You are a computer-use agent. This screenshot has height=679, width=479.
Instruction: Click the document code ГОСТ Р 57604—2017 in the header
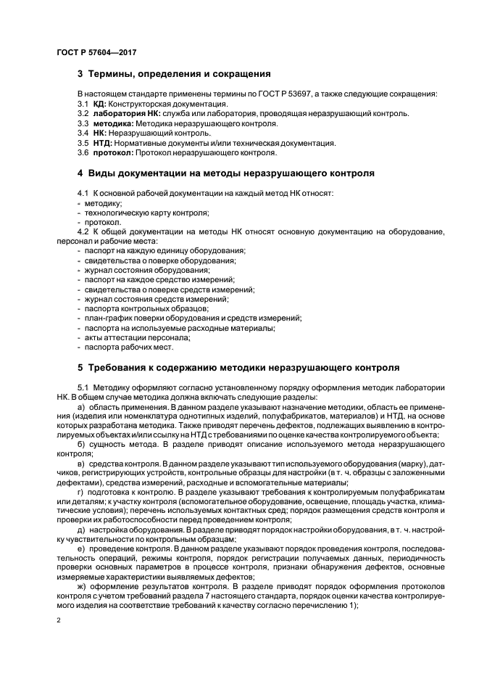pos(96,53)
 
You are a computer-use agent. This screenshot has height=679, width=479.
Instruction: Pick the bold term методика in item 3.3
pos(109,123)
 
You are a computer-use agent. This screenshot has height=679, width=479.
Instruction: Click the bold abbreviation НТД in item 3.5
pos(101,143)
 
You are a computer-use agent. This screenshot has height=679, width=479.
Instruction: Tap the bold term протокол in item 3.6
pos(110,152)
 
